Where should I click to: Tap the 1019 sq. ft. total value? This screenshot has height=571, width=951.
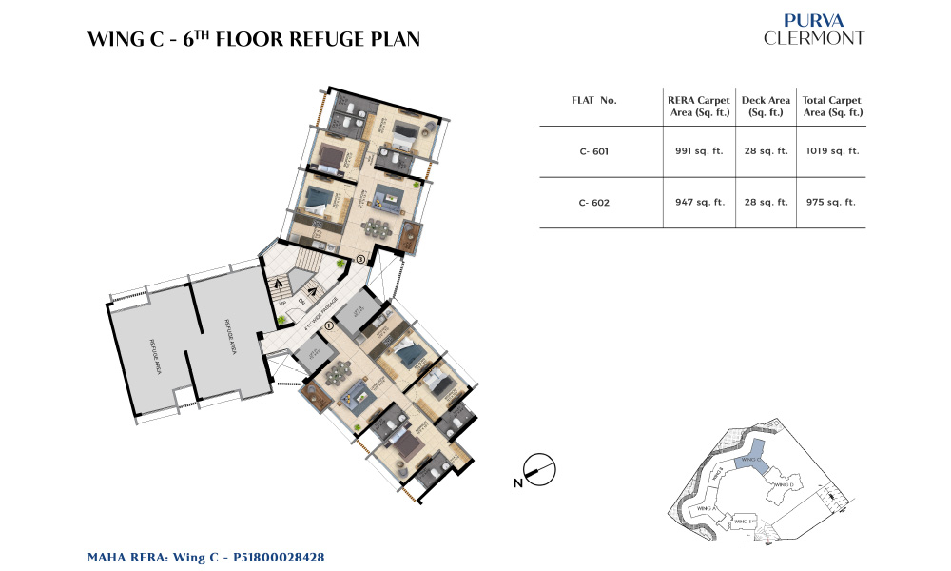(x=832, y=150)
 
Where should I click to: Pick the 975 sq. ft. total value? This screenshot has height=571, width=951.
(x=832, y=202)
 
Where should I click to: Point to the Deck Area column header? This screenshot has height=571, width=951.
(x=766, y=107)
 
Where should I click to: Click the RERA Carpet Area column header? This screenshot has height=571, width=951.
(x=698, y=107)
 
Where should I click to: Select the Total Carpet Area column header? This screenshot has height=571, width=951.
(x=832, y=107)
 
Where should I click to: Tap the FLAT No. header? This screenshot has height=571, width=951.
(x=594, y=100)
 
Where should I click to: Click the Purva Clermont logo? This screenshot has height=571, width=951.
(x=814, y=30)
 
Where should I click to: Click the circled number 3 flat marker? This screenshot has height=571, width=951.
(x=360, y=259)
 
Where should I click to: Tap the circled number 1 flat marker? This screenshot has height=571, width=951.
(x=329, y=325)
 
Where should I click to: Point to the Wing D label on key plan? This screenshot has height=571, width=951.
(x=784, y=485)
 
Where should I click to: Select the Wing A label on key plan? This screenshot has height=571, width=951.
(x=706, y=509)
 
